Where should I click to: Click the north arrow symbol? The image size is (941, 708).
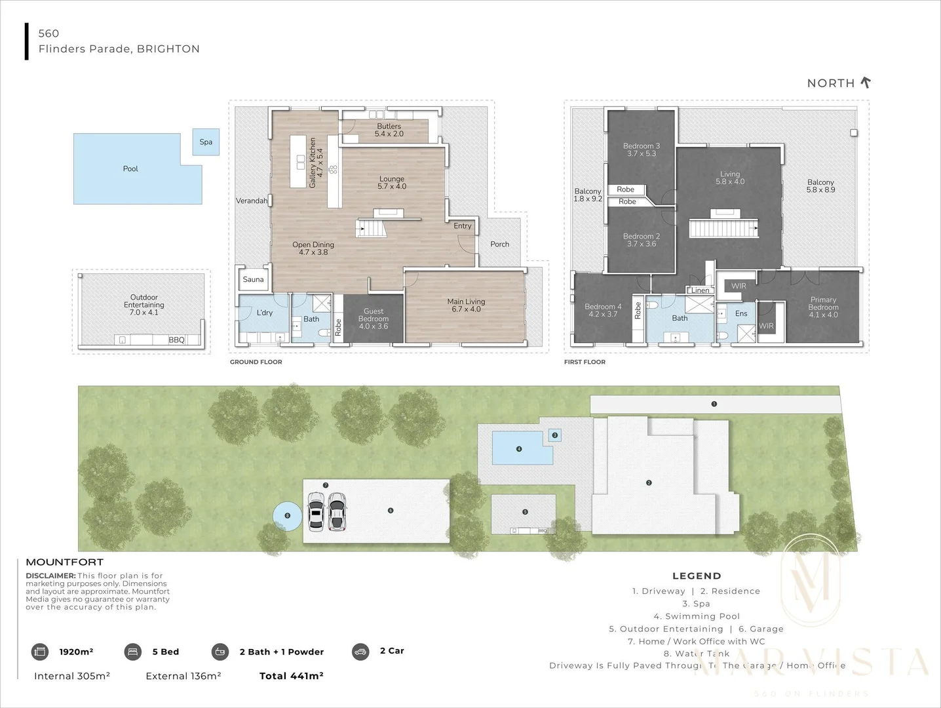pos(866,83)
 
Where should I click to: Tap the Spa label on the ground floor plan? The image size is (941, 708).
pos(206,142)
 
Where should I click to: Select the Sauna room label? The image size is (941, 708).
pos(253,279)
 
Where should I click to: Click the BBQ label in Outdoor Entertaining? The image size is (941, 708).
pos(176,340)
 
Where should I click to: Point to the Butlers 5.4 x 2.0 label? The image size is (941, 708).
pos(389,130)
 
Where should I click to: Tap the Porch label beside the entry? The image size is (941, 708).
pos(499,244)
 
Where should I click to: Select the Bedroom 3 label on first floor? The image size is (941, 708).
pos(641,149)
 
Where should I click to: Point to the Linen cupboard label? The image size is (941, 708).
pos(700,290)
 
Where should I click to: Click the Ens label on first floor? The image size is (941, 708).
pos(741,313)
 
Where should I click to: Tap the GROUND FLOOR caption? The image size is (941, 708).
pos(256,362)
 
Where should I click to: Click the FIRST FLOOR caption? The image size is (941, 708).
pos(585,362)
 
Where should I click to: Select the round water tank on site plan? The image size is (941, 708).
pos(287,516)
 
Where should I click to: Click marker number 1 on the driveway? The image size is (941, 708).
pos(714,404)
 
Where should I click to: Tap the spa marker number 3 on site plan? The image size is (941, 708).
pos(554,435)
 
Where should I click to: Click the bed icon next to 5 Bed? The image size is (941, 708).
pos(133,652)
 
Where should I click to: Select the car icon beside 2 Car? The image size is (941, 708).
pos(360,651)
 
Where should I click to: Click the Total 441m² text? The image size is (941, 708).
pos(292,676)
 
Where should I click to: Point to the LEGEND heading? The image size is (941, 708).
pos(697,576)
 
